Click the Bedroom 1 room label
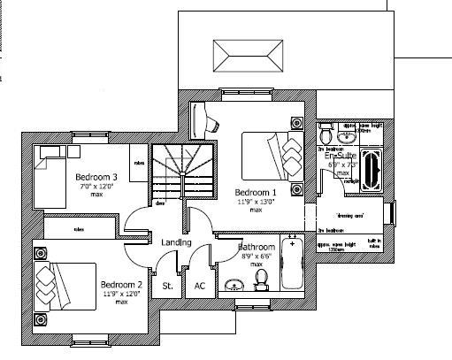click(x=255, y=192)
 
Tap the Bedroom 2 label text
click(x=120, y=284)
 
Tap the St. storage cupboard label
click(x=166, y=286)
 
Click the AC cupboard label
click(x=199, y=286)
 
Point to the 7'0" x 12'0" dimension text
click(x=96, y=186)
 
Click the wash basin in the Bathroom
click(x=234, y=284)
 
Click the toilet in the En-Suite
click(x=326, y=135)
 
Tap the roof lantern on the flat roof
click(x=237, y=60)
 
